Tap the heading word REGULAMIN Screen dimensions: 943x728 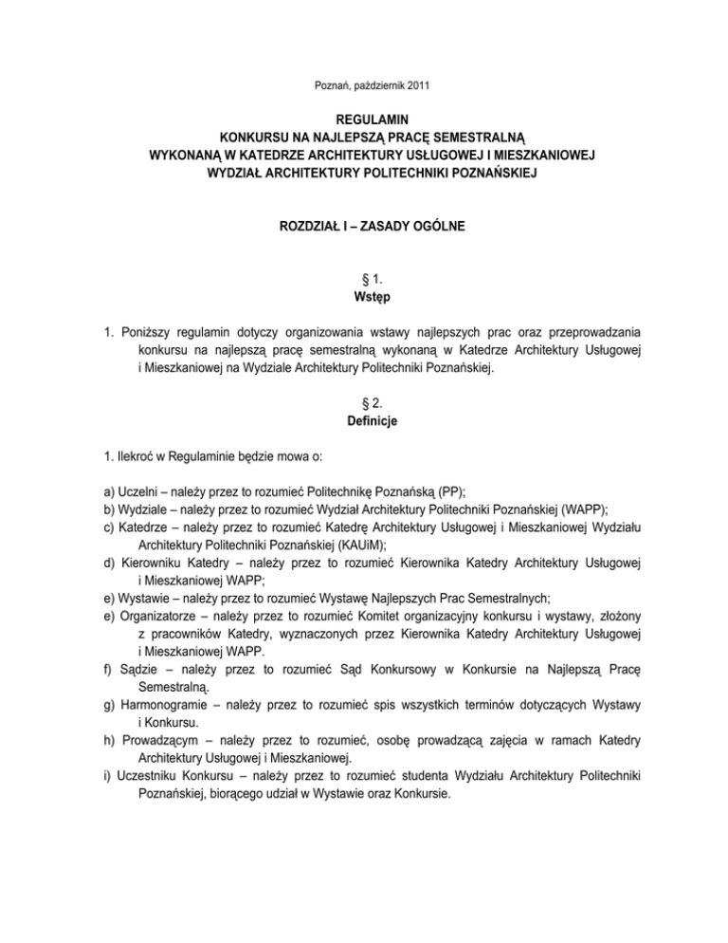(x=364, y=121)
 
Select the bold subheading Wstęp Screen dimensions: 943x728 (x=364, y=300)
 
